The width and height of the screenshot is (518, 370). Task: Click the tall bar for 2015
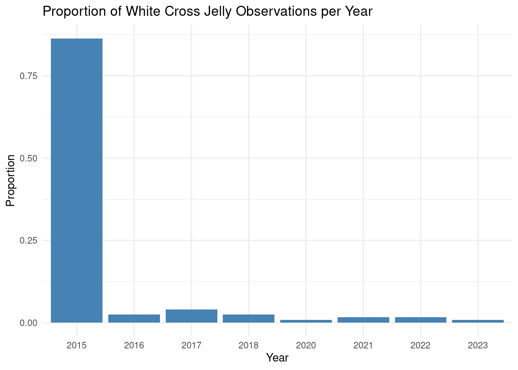(77, 181)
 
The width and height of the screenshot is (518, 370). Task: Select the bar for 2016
(134, 319)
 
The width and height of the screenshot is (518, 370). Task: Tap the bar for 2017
(192, 316)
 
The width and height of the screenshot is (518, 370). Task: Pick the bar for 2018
(249, 319)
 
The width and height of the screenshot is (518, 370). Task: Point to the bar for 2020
(306, 321)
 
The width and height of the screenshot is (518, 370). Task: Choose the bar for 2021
(363, 320)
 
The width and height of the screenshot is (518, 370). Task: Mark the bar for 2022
(420, 320)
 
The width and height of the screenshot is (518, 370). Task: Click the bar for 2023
(478, 321)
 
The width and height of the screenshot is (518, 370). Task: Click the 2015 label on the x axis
(77, 345)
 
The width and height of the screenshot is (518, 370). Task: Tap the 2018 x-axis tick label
(248, 345)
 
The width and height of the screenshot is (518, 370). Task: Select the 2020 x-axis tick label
(306, 345)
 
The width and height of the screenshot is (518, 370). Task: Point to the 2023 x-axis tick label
(478, 345)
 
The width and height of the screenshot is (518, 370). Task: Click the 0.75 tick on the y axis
(29, 76)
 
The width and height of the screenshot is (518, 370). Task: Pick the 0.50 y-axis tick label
(29, 158)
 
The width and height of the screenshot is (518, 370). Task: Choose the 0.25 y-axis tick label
(29, 241)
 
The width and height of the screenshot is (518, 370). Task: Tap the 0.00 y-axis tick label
(29, 323)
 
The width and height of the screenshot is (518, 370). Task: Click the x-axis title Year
(277, 358)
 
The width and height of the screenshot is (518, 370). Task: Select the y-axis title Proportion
(10, 181)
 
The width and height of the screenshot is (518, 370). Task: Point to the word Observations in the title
(276, 11)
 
